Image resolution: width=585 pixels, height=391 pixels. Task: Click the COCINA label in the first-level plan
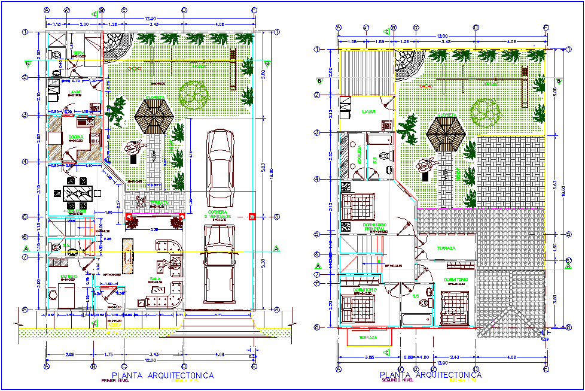[77, 137]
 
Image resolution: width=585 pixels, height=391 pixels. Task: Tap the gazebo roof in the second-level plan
[447, 134]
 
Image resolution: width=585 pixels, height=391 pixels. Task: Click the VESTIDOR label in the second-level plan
[358, 154]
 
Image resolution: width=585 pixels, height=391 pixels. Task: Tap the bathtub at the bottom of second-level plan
[416, 319]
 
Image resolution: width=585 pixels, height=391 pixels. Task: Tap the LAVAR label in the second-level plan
[369, 111]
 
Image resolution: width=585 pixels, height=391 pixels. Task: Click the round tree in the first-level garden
[194, 94]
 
